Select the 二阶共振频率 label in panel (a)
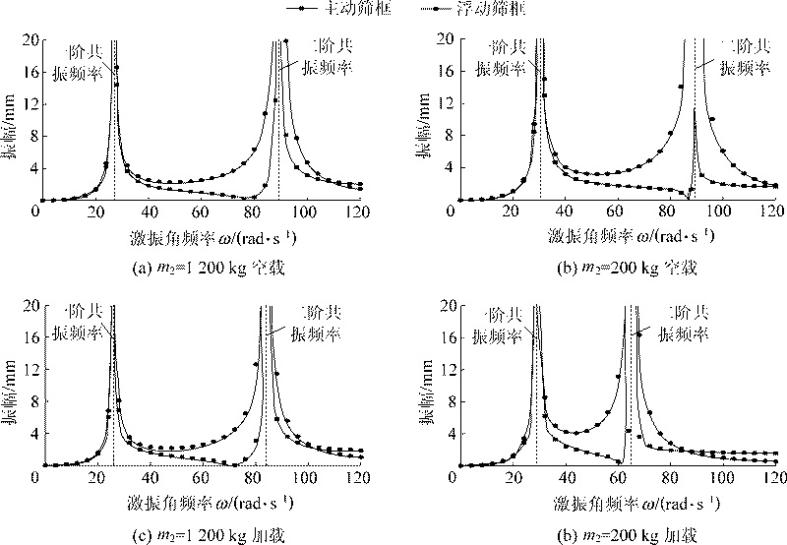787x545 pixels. [x=325, y=58]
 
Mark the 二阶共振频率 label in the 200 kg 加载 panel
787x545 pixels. [x=681, y=325]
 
